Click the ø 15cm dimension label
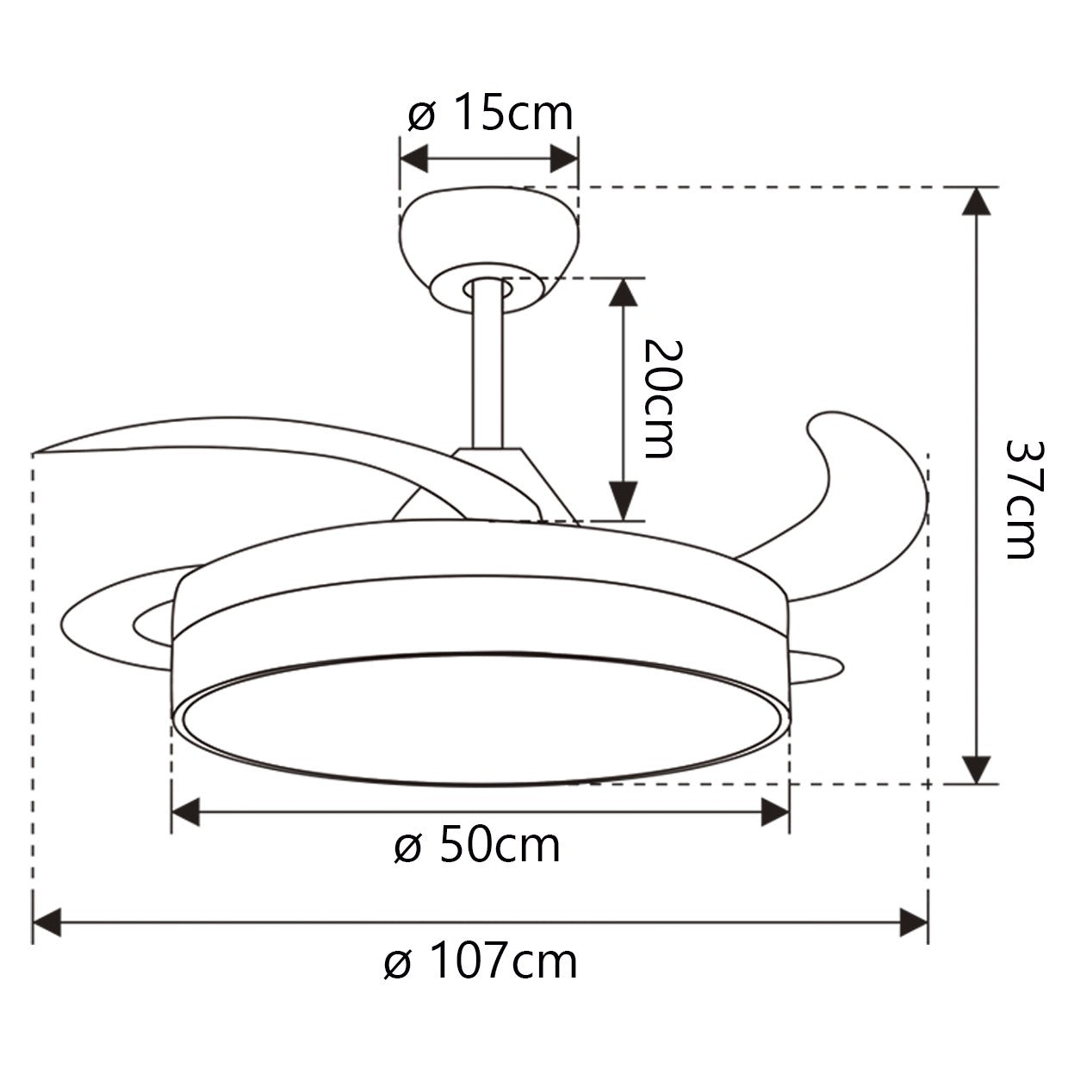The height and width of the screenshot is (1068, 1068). tap(489, 115)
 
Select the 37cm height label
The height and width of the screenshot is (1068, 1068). tap(1024, 500)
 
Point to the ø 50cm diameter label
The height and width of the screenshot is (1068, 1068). tap(477, 846)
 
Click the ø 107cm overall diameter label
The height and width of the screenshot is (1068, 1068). tap(481, 962)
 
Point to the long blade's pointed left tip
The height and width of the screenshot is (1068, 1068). tap(39, 451)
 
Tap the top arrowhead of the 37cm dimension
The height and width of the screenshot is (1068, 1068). tap(975, 202)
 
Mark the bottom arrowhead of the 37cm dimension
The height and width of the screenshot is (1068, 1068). tap(975, 769)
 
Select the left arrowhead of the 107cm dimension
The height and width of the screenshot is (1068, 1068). tap(47, 922)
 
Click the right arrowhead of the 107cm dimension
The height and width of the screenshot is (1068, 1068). tap(913, 922)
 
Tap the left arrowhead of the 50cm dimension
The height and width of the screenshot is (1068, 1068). tap(186, 811)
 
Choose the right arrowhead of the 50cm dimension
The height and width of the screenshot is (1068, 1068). tap(775, 811)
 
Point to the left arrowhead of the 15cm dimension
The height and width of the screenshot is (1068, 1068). tap(414, 158)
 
